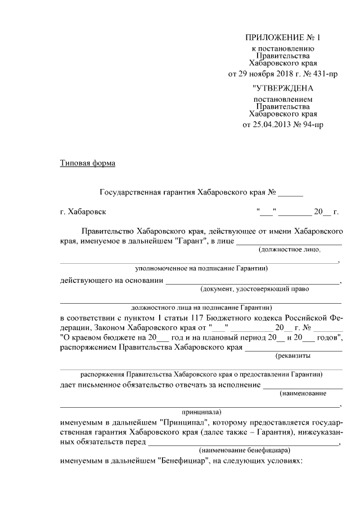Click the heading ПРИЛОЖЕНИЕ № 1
tap(282, 38)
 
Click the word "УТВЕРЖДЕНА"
tap(282, 88)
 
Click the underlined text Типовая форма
tap(88, 164)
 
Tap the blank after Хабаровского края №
tap(290, 192)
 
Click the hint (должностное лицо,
tap(289, 249)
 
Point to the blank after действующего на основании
tap(253, 281)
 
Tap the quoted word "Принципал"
tap(181, 421)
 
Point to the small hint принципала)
tap(201, 411)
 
